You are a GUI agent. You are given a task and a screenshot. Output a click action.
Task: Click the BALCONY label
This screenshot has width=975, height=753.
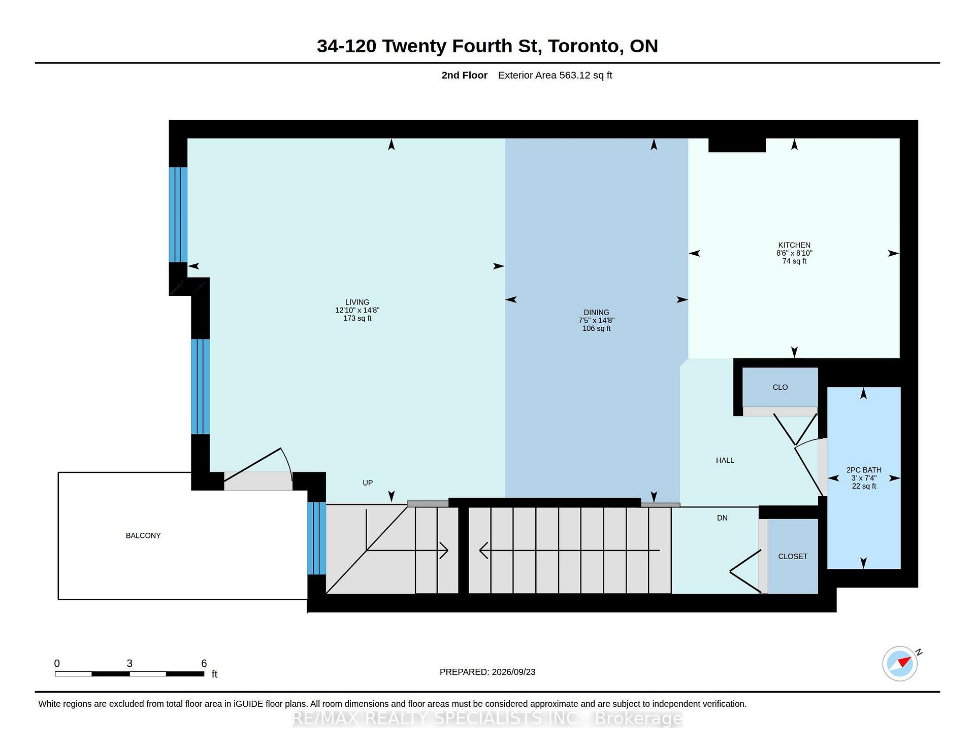[143, 535]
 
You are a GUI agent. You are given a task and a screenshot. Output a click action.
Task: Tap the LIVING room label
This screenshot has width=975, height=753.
[357, 302]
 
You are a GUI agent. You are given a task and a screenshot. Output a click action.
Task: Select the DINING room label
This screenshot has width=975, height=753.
[596, 313]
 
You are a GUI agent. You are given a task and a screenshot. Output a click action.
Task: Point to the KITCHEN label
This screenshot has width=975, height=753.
[794, 245]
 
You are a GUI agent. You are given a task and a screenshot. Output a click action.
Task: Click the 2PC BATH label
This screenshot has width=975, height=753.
[864, 470]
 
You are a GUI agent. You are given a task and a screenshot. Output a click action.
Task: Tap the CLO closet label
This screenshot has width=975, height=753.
[780, 387]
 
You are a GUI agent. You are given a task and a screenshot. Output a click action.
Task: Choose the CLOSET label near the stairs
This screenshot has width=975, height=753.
[793, 556]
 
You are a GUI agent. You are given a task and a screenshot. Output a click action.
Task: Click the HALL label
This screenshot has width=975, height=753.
[725, 460]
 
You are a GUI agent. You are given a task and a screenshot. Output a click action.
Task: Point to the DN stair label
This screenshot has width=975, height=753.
[722, 518]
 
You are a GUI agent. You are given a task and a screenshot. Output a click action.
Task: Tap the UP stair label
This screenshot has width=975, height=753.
[368, 483]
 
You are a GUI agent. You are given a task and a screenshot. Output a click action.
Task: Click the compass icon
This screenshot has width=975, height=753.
[900, 663]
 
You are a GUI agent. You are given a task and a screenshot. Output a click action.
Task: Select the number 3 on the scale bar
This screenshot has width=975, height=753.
[129, 663]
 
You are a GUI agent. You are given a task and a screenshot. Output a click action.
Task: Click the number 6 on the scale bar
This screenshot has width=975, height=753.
[204, 663]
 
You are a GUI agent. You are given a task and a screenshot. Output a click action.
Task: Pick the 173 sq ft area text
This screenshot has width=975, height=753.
[357, 318]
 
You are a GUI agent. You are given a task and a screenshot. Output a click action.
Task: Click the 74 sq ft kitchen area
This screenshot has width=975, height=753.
[794, 261]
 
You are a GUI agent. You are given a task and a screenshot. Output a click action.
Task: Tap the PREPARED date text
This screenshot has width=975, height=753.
[487, 672]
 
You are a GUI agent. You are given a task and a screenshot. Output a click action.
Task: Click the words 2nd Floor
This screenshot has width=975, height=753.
[464, 75]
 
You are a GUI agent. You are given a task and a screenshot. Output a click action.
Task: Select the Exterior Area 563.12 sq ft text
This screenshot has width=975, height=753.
[555, 75]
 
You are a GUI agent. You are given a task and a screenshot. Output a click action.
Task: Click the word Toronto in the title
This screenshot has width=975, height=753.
[586, 46]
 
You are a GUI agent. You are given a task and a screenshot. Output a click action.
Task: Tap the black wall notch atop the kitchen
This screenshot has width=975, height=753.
[737, 145]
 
